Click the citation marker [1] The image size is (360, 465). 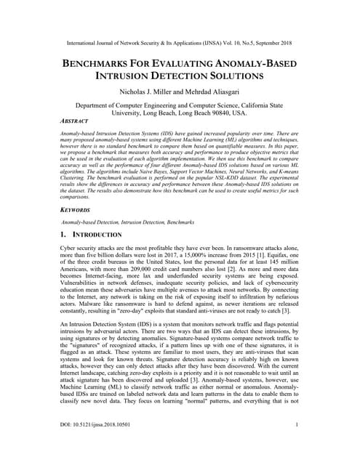coord(260,259)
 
